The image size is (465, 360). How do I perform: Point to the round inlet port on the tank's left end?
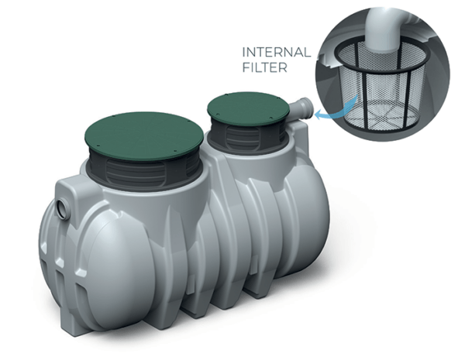pos(60,210)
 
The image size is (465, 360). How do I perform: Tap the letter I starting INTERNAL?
pos(245,53)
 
